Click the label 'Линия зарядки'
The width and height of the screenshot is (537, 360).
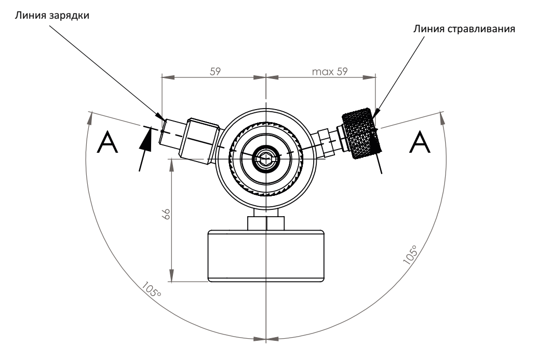pyautogui.click(x=52, y=16)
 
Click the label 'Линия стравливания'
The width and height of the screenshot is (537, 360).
pyautogui.click(x=464, y=29)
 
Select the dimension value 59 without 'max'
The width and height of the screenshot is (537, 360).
pyautogui.click(x=216, y=72)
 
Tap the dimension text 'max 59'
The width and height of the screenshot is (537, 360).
pyautogui.click(x=329, y=72)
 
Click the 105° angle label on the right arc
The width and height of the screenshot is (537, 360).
pyautogui.click(x=410, y=255)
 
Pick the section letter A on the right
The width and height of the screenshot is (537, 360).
pyautogui.click(x=420, y=142)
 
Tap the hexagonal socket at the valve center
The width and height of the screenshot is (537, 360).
pyautogui.click(x=266, y=159)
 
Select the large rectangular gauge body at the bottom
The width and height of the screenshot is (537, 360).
pyautogui.click(x=266, y=256)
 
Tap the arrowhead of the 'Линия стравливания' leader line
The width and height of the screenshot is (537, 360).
pyautogui.click(x=375, y=114)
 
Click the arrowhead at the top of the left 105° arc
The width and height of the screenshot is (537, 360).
pyautogui.click(x=91, y=118)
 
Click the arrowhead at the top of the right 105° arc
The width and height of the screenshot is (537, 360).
pyautogui.click(x=442, y=118)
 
